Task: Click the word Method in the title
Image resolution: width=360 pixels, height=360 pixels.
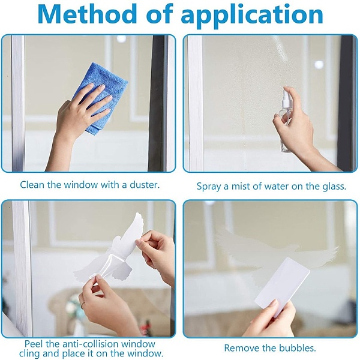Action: pyautogui.click(x=87, y=14)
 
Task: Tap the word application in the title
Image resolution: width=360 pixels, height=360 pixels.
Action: pyautogui.click(x=252, y=16)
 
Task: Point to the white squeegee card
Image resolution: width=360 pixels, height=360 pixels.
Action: pyautogui.click(x=282, y=284)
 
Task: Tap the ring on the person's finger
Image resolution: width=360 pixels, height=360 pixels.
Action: pyautogui.click(x=83, y=304)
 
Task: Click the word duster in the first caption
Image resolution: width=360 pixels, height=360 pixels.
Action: pyautogui.click(x=145, y=185)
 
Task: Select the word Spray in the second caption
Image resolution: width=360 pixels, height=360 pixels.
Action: pyautogui.click(x=209, y=187)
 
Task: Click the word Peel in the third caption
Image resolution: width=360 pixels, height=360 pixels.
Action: pyautogui.click(x=34, y=344)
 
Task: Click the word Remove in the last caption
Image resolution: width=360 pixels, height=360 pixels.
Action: pyautogui.click(x=241, y=348)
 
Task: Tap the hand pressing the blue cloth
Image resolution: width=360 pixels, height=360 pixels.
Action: pyautogui.click(x=83, y=115)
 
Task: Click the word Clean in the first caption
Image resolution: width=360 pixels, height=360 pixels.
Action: pyautogui.click(x=32, y=185)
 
